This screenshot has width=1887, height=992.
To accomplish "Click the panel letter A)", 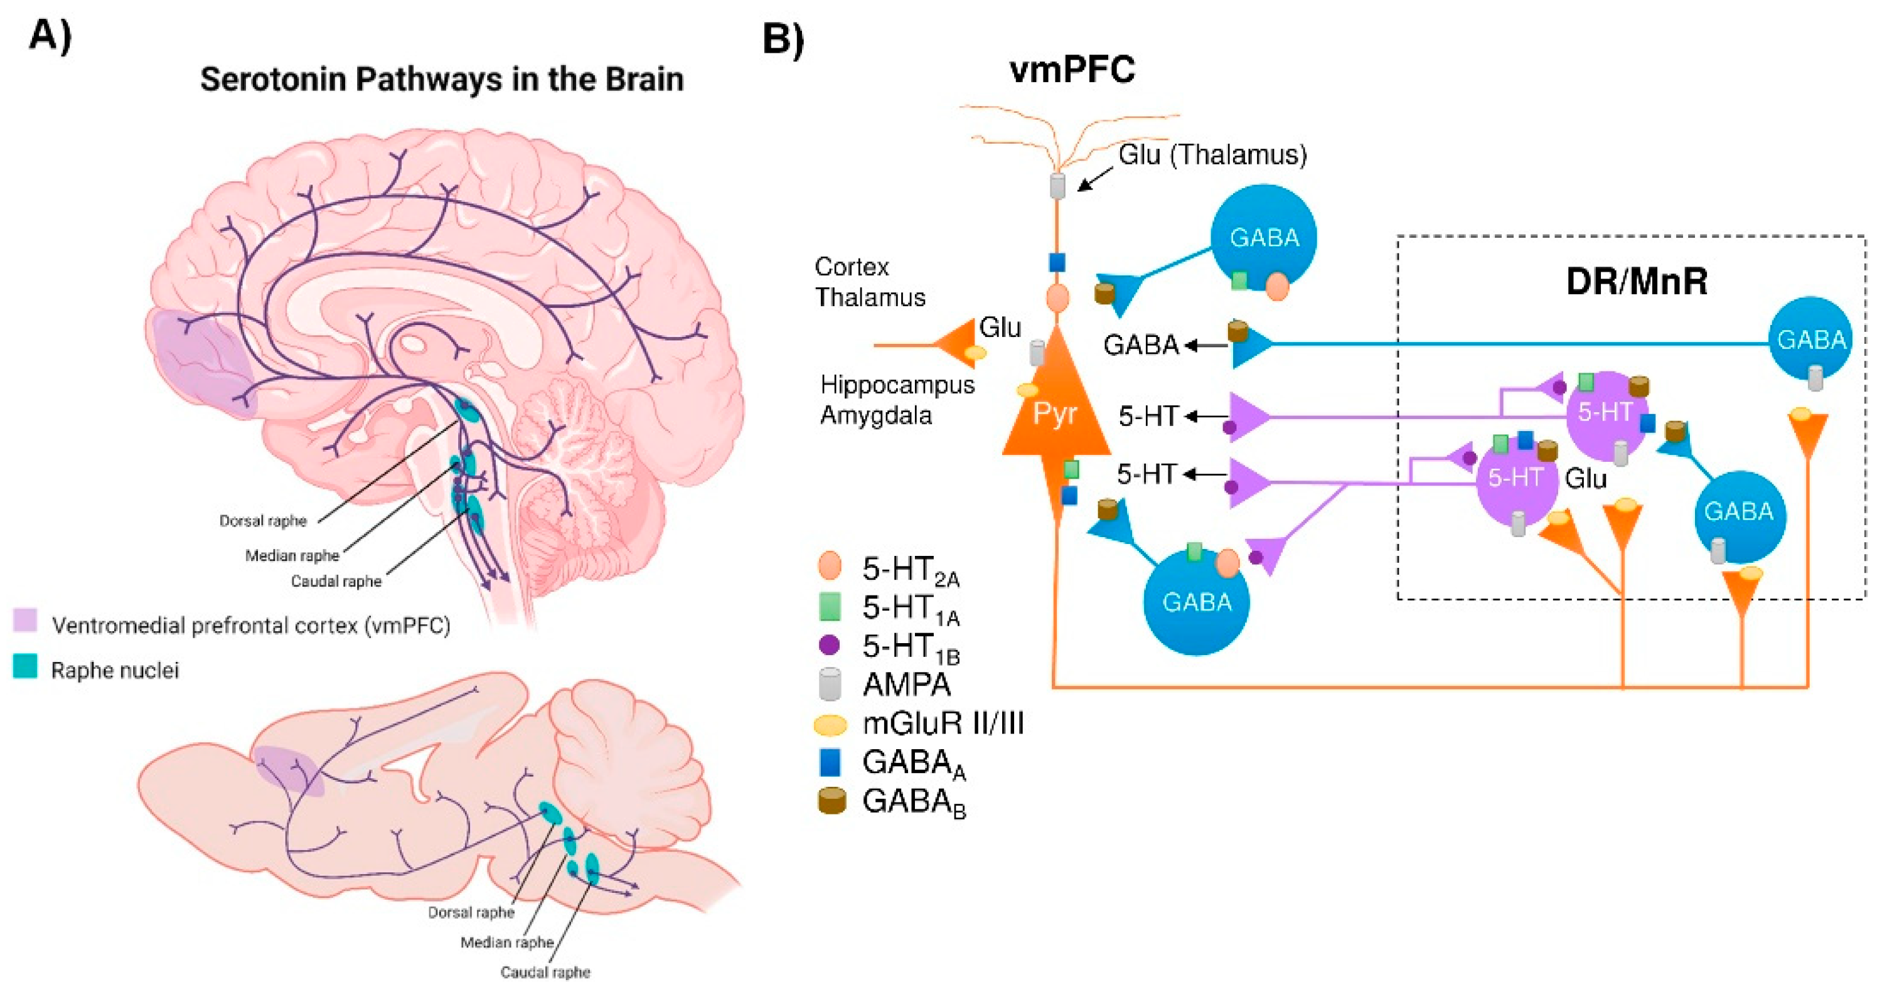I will pyautogui.click(x=50, y=35).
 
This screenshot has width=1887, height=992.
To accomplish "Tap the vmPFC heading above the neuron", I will pyautogui.click(x=1072, y=70).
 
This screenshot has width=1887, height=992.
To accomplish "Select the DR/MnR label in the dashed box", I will pyautogui.click(x=1636, y=281).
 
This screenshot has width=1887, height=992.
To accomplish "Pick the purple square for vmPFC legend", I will pyautogui.click(x=25, y=620).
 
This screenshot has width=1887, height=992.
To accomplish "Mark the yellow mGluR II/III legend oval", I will pyautogui.click(x=831, y=725).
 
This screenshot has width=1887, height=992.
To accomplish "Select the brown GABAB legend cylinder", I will pyautogui.click(x=831, y=801).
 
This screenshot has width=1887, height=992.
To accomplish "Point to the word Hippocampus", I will pyautogui.click(x=897, y=385).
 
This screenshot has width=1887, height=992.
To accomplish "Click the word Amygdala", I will pyautogui.click(x=876, y=415).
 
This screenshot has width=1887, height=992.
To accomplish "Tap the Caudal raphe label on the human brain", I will pyautogui.click(x=336, y=581).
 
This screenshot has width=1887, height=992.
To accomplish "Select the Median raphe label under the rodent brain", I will pyautogui.click(x=507, y=942).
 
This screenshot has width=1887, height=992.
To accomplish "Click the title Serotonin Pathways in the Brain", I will pyautogui.click(x=442, y=79).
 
